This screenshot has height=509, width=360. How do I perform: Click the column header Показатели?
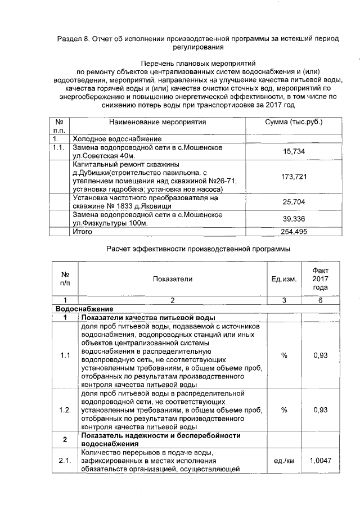pos(172,279)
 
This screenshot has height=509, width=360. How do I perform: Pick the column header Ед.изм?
pos(283,279)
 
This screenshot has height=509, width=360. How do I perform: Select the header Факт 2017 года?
pos(319,279)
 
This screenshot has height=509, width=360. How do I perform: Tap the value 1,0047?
pos(319,461)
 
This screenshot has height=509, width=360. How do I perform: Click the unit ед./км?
pos(283,461)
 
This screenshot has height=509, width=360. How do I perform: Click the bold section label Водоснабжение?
pos(84,309)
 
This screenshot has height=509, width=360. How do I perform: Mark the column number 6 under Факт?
pos(319,300)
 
